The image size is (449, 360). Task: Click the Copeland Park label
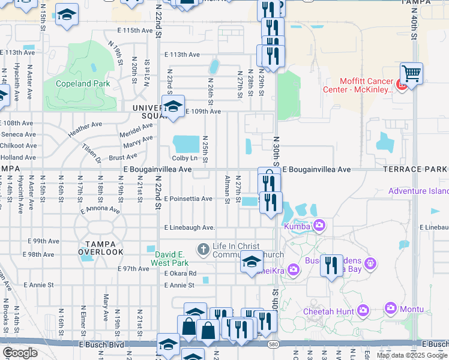click(83, 83)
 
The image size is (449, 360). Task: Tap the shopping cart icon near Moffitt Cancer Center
click(411, 74)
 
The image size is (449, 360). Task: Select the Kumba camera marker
click(319, 225)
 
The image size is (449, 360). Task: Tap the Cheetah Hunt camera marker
click(363, 310)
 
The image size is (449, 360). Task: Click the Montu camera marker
click(391, 308)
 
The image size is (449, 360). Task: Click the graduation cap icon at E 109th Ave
click(173, 107)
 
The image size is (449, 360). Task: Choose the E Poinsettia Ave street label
click(188, 199)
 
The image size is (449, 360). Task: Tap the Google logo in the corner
click(20, 353)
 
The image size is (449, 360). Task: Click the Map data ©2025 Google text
click(412, 355)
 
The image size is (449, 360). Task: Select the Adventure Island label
click(418, 191)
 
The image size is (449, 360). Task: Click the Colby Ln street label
click(184, 158)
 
